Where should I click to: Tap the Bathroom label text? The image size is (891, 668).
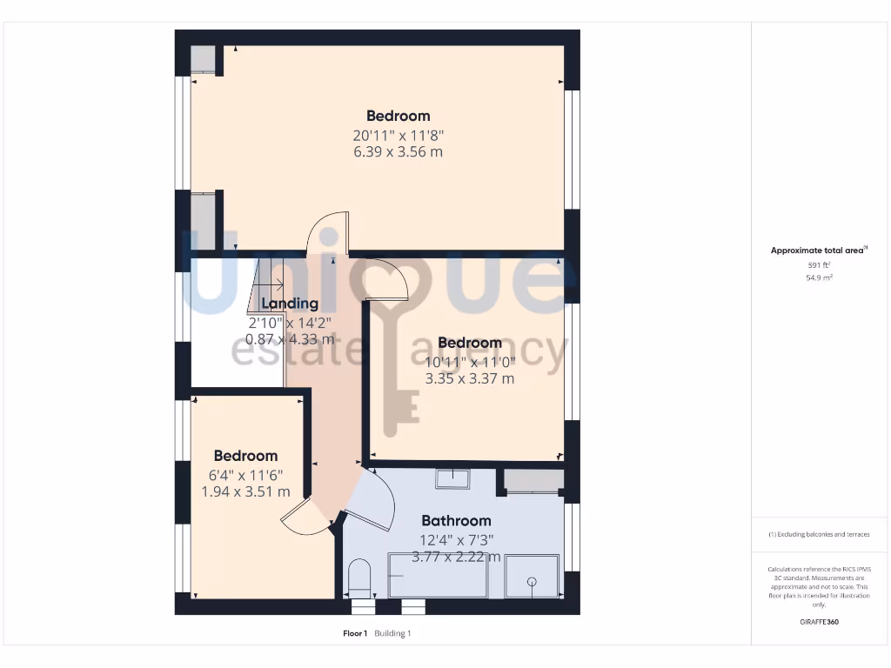[x=456, y=521]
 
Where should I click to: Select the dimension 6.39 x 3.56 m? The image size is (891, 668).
[x=398, y=152]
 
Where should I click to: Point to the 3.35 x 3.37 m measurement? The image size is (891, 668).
[x=469, y=378]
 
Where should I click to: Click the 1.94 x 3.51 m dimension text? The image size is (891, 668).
[x=245, y=491]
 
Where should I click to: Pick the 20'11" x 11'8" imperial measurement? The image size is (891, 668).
[x=398, y=135]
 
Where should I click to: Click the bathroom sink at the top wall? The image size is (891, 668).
[x=452, y=478]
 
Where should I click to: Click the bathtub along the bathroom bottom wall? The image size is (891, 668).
[x=438, y=577]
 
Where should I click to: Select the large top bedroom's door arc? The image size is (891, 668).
[x=328, y=230]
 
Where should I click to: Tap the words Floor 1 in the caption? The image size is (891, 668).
[x=355, y=633]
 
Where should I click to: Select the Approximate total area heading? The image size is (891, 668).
[x=819, y=250]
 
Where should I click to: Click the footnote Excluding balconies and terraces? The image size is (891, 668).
[x=819, y=534]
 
